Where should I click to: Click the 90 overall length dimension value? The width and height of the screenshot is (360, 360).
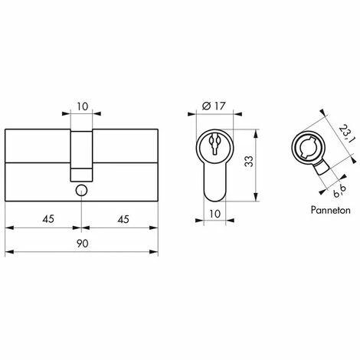(x=81, y=243)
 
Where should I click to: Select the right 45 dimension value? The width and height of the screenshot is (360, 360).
(x=120, y=218)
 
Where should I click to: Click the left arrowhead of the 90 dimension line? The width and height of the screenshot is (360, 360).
(x=8, y=251)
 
